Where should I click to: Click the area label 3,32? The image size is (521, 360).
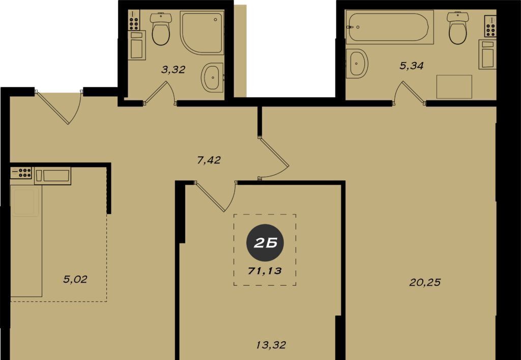(x=173, y=70)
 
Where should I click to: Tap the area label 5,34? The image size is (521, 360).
(x=411, y=66)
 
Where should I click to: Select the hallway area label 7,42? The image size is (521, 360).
(x=209, y=160)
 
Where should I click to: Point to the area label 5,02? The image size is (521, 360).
(x=75, y=279)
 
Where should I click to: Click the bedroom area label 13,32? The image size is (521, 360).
(x=271, y=345)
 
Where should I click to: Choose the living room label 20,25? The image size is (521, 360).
(x=425, y=283)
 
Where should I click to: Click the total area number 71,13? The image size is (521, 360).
(x=265, y=271)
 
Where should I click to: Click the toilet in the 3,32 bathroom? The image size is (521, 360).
(x=161, y=29)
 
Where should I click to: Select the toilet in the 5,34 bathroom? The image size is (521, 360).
(x=457, y=28)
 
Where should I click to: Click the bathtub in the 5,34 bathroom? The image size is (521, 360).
(x=389, y=27)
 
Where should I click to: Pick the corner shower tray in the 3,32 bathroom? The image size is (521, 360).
(x=201, y=32)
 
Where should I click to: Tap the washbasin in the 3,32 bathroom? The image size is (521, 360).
(x=212, y=77)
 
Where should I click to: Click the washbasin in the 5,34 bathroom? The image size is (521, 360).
(x=357, y=64)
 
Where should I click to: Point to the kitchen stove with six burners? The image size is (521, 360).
(x=20, y=173)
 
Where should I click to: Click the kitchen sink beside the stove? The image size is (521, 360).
(x=52, y=176)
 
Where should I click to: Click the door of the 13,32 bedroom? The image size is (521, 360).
(x=215, y=196)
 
